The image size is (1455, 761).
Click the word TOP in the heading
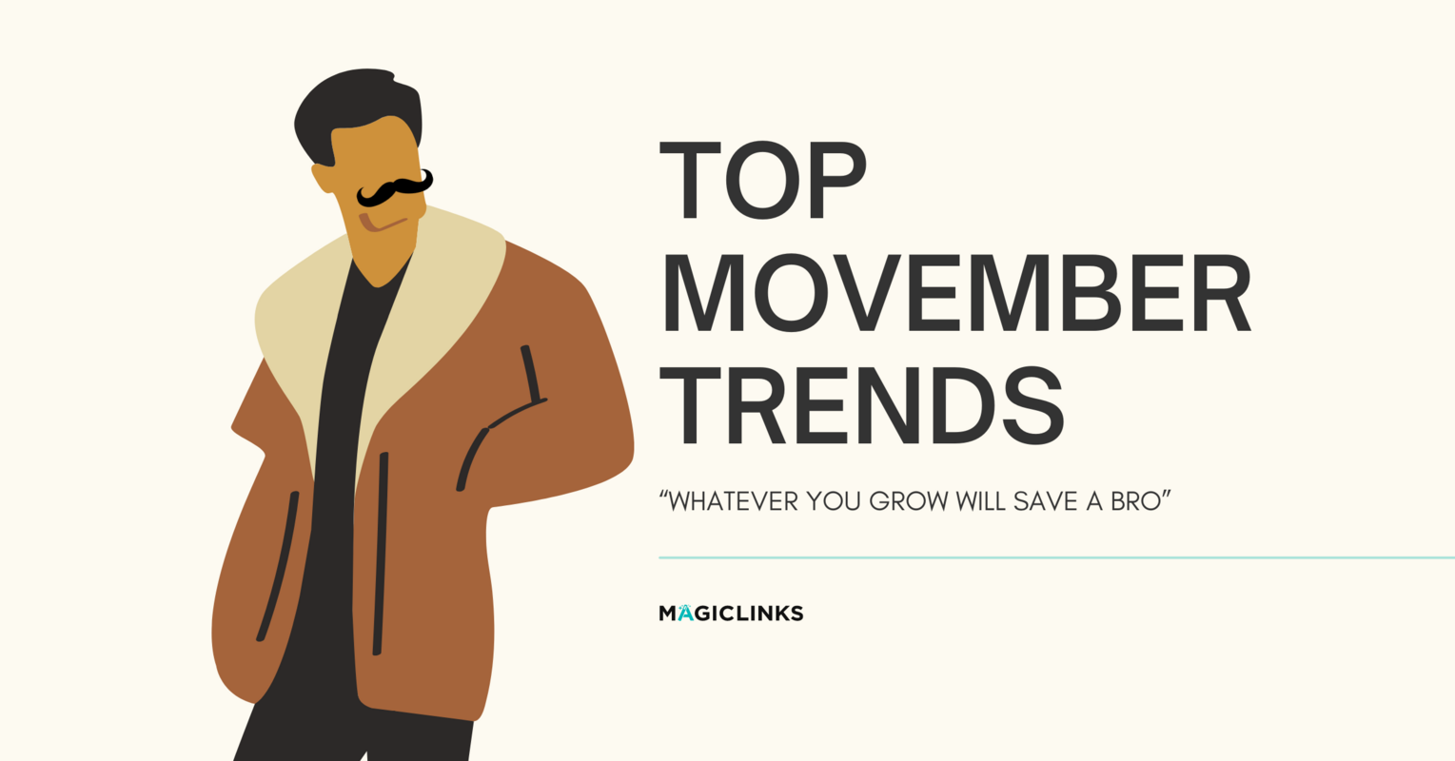(x=762, y=180)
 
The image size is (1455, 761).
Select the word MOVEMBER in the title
(x=955, y=293)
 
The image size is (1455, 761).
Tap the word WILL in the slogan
(x=980, y=500)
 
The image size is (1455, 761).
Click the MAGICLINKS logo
(x=731, y=614)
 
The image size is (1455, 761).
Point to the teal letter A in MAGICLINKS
(x=685, y=614)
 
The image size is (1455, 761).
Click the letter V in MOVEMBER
(x=867, y=293)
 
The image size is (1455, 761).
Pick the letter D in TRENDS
(x=963, y=404)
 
